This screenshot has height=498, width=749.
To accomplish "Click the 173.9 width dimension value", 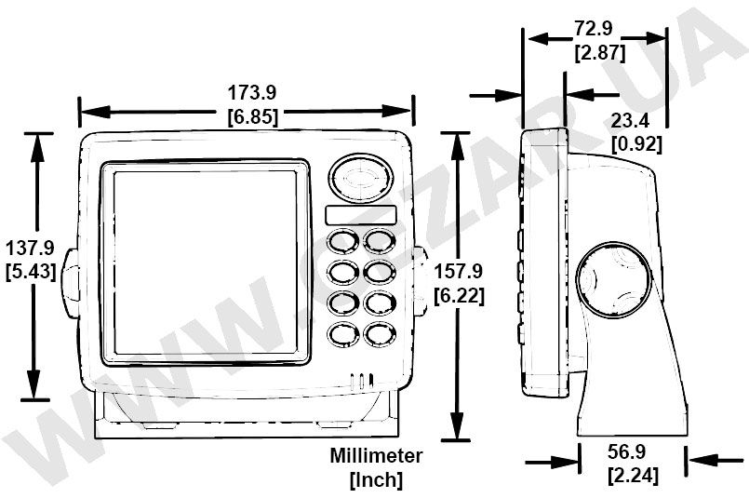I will [252, 92].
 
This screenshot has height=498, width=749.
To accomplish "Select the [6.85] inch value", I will [252, 116].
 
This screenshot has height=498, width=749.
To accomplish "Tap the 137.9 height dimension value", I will [30, 249].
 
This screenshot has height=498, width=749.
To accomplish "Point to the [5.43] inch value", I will [30, 272].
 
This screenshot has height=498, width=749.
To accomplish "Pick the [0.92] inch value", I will [636, 143].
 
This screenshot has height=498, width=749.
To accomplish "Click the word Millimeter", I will [376, 456].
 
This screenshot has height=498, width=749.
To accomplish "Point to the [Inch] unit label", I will [376, 480].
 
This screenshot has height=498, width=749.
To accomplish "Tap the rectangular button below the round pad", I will [361, 215].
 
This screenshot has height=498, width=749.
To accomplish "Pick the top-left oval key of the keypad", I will [343, 242].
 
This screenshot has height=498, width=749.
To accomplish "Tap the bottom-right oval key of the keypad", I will [379, 333].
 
